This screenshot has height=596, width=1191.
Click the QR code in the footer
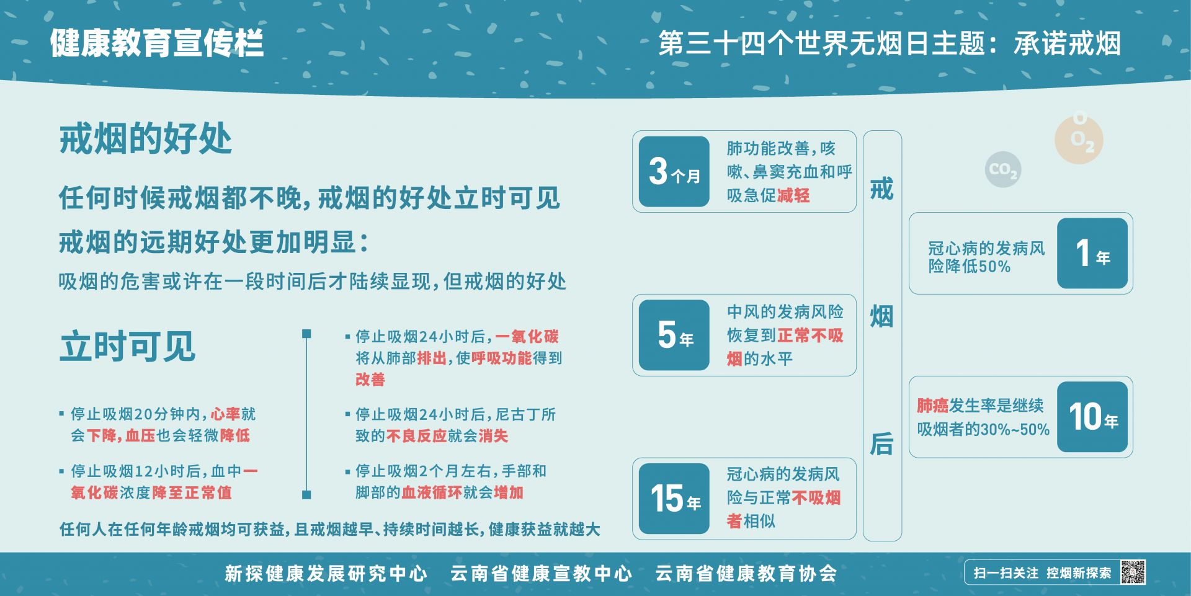click(1133, 572)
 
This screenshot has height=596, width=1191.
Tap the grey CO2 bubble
click(1003, 169)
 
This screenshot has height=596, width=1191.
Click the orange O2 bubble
click(1079, 139)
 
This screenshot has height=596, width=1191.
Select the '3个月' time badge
click(674, 172)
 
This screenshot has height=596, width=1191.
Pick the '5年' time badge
click(674, 335)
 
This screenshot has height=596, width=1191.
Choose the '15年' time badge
click(674, 499)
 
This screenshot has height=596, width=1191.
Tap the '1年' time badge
click(1092, 253)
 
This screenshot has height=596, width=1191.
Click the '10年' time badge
click(1092, 417)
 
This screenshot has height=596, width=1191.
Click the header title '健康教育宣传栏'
click(157, 43)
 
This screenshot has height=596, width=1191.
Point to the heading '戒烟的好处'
click(145, 138)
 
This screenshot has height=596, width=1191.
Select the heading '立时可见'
click(127, 345)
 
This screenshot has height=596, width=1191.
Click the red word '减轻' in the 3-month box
click(793, 196)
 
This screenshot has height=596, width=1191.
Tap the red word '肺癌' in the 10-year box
click(933, 406)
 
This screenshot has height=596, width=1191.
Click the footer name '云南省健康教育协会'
click(746, 573)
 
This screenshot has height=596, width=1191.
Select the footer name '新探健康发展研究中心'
click(326, 573)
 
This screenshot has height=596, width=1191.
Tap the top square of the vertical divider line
click(306, 334)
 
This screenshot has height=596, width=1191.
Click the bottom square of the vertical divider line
click(306, 495)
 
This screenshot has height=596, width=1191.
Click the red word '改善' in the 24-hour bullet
click(370, 380)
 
